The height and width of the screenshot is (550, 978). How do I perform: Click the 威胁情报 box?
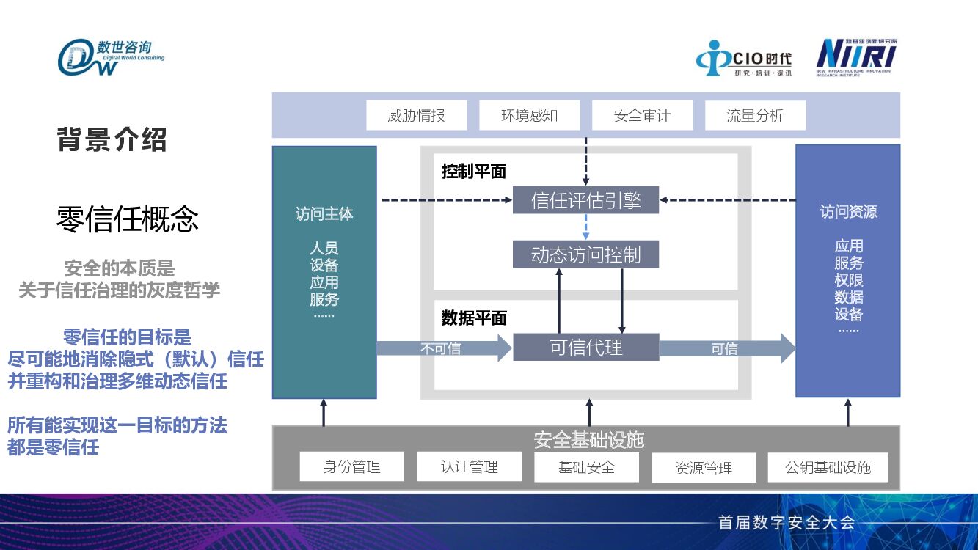click(416, 115)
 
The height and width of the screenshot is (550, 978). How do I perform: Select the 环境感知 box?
click(529, 115)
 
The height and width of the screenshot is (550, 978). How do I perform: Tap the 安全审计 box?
click(642, 115)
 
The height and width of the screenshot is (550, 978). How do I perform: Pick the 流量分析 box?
click(755, 115)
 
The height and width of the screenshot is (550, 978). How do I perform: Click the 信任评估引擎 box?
click(585, 200)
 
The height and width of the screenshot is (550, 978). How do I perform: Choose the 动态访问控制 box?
click(585, 254)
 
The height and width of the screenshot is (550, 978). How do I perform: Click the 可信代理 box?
click(585, 348)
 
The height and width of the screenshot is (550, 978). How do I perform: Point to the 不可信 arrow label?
click(440, 349)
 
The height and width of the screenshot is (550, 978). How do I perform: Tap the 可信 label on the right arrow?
click(724, 349)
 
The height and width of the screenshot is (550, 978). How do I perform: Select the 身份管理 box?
click(351, 466)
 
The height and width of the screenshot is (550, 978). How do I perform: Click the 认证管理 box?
click(469, 466)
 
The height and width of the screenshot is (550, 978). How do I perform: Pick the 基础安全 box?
click(586, 466)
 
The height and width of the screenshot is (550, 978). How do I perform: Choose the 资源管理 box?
click(704, 467)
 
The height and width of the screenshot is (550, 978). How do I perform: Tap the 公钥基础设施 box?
click(828, 467)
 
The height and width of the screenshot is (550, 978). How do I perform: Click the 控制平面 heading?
click(474, 172)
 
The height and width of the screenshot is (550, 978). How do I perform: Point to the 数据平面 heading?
click(474, 318)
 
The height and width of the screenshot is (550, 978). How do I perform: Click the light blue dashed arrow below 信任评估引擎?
click(585, 227)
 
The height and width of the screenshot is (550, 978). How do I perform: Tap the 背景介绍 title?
click(112, 139)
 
